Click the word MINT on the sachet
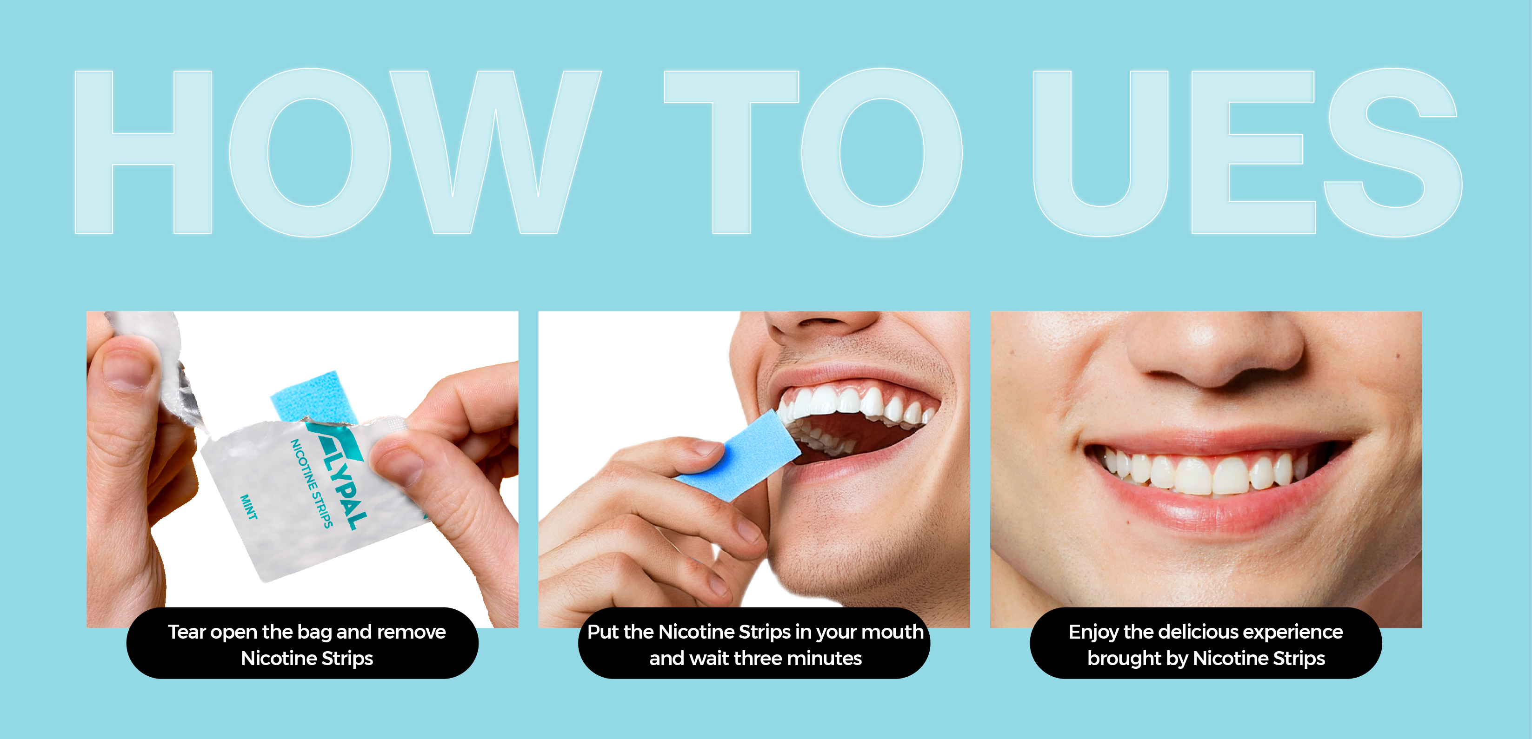249,507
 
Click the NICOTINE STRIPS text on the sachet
311,483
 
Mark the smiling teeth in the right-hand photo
1204,473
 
